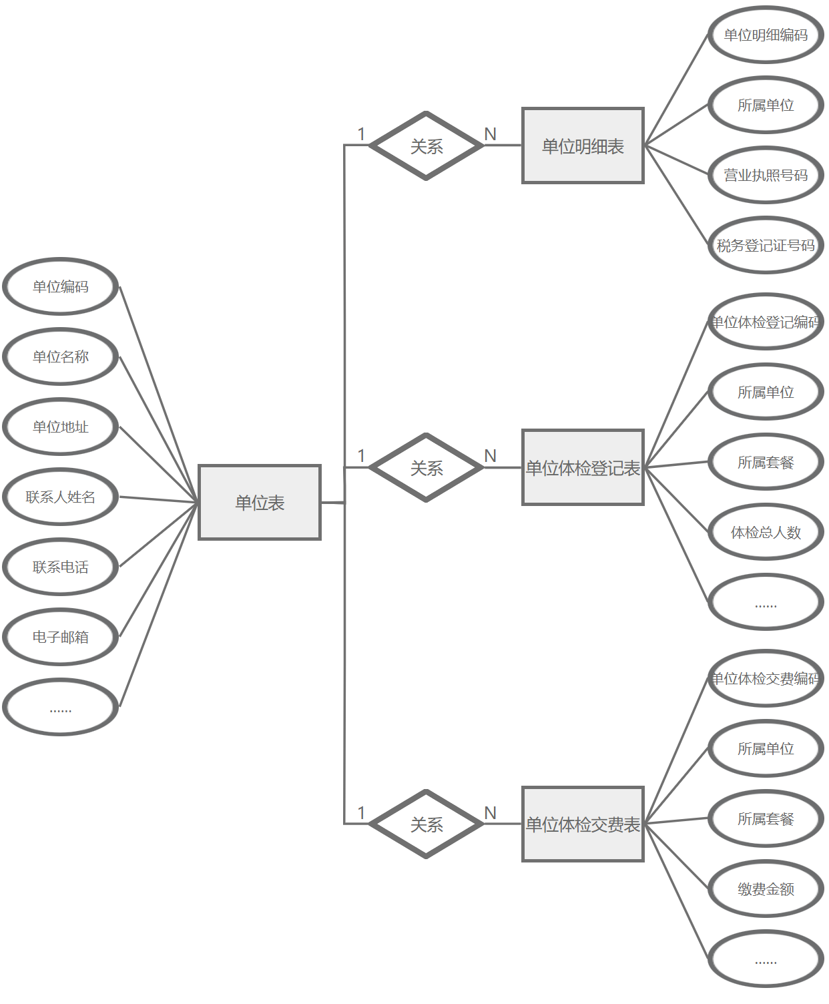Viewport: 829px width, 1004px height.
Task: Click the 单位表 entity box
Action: (260, 502)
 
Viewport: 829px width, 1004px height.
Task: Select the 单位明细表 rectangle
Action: (583, 146)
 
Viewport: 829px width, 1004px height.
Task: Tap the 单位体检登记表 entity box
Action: (583, 467)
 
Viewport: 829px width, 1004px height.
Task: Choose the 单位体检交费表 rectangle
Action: (583, 824)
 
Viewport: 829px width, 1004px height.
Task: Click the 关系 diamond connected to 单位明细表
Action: (427, 146)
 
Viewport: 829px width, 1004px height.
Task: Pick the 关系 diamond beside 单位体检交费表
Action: (427, 824)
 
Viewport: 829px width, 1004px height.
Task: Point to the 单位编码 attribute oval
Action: (61, 286)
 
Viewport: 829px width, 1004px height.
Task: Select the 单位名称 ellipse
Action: (61, 356)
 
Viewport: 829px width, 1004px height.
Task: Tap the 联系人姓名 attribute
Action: (61, 497)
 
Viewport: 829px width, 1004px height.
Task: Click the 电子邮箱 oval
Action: (61, 637)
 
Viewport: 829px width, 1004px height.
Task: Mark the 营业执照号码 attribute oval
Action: (766, 175)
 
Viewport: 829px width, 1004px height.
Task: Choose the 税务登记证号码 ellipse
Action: (766, 245)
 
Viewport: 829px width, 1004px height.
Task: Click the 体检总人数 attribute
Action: (766, 532)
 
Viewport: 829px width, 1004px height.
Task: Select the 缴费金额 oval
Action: (766, 889)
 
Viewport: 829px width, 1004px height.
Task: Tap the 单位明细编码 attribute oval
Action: (766, 35)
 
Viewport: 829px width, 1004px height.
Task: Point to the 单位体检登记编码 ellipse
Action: (766, 322)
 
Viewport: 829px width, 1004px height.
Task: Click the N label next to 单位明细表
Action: (491, 134)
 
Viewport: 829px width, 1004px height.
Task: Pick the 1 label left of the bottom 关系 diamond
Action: (362, 812)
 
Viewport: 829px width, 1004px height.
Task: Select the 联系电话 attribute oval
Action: (61, 567)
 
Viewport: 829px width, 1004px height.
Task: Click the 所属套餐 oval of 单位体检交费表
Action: (766, 818)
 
